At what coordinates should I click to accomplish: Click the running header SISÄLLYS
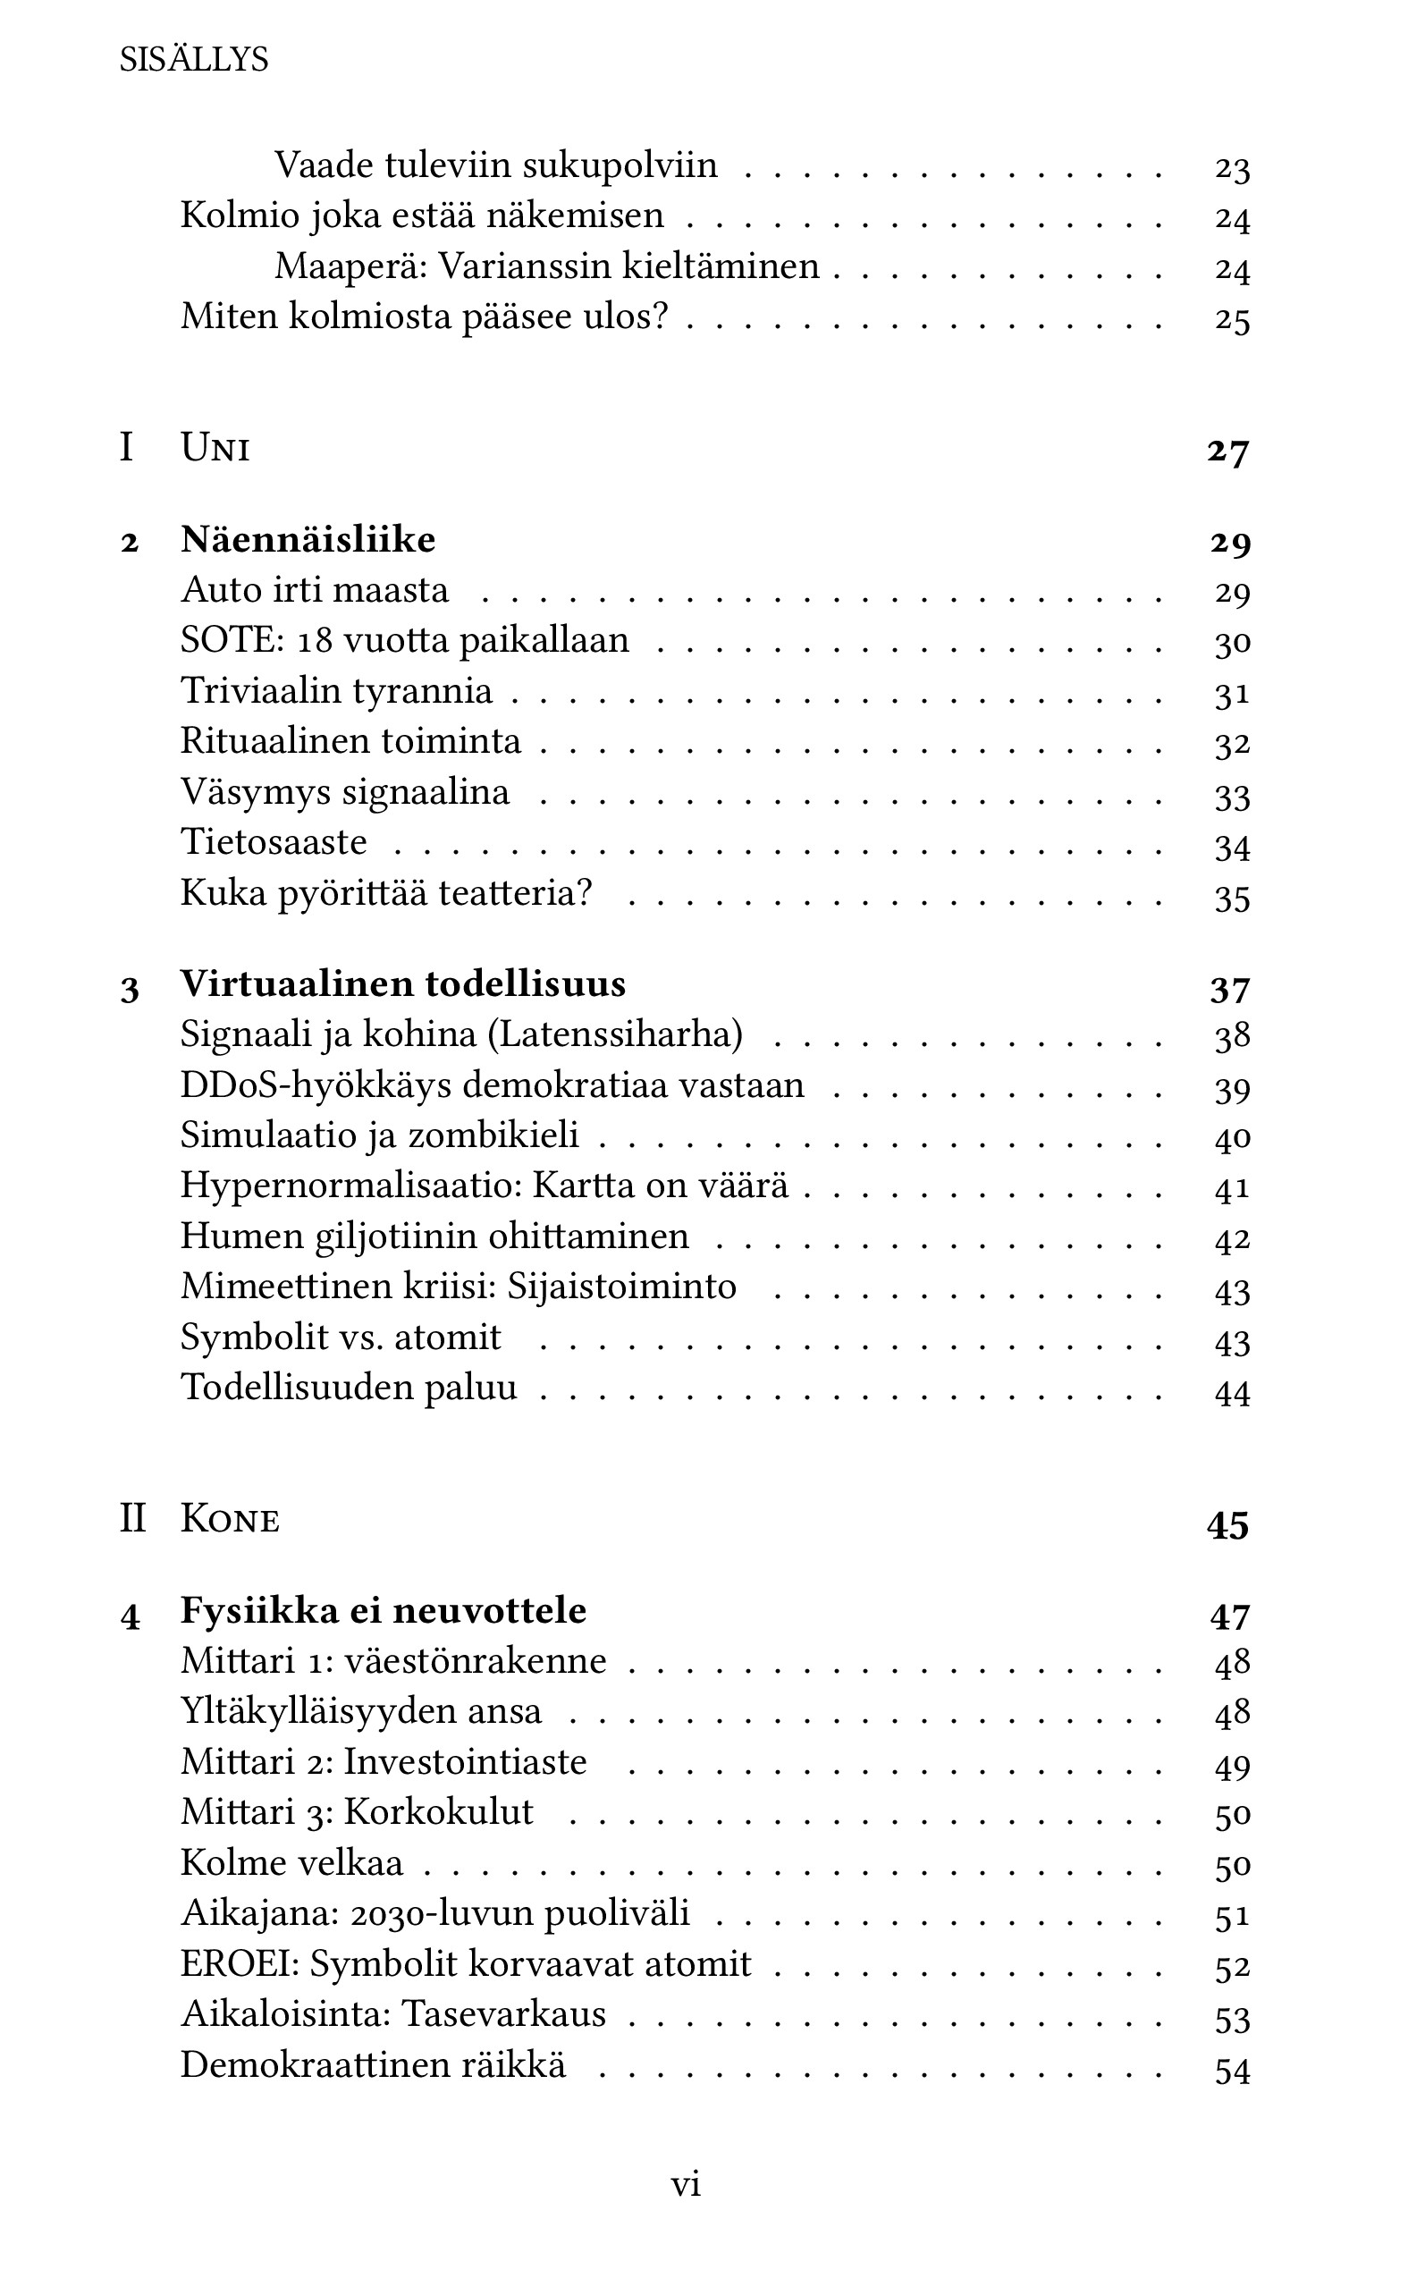[194, 60]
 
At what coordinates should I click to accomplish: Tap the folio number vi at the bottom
[685, 2184]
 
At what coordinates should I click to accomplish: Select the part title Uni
[215, 448]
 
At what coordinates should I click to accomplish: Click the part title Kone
[230, 1520]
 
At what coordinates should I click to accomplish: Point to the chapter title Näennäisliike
[308, 540]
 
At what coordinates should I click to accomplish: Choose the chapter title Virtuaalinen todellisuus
[403, 984]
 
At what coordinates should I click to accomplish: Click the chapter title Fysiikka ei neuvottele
[384, 1610]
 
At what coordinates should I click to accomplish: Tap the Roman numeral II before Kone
[133, 1520]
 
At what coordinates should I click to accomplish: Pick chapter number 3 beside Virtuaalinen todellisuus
[130, 989]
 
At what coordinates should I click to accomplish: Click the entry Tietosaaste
[274, 841]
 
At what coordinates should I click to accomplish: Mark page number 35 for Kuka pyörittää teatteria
[1232, 898]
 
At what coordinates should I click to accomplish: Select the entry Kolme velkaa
[292, 1863]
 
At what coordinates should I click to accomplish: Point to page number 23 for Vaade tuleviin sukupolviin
[1232, 169]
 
